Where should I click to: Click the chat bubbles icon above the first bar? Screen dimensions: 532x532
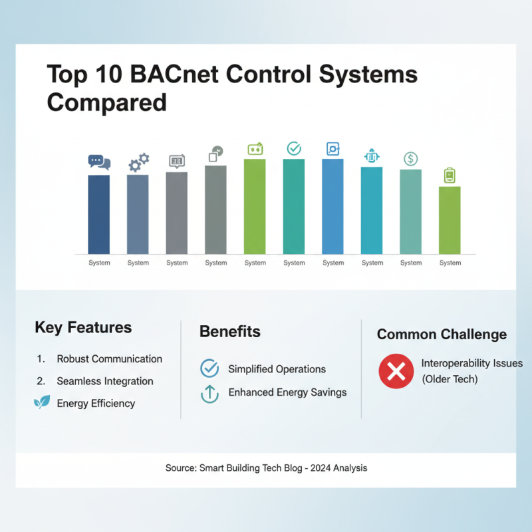click(99, 162)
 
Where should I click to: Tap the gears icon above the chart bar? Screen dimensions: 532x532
click(138, 162)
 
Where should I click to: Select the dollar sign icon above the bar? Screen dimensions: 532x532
click(411, 159)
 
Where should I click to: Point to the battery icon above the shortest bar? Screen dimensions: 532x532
click(450, 175)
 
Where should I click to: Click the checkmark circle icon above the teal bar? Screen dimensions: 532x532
click(294, 148)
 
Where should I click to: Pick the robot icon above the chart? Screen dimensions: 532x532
click(372, 156)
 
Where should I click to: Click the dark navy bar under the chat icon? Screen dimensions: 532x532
click(99, 214)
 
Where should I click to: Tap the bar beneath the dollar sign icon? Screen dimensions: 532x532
click(411, 211)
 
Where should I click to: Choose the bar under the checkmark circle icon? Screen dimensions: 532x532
click(294, 206)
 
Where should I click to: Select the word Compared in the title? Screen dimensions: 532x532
click(106, 103)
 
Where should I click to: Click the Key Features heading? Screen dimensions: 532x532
click(83, 327)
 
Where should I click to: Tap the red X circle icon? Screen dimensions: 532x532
click(396, 371)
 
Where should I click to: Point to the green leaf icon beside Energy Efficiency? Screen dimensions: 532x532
click(42, 402)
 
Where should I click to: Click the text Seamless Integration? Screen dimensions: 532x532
click(105, 381)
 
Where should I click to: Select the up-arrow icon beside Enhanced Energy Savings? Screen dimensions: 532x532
click(209, 393)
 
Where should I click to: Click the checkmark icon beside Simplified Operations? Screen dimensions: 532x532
click(209, 368)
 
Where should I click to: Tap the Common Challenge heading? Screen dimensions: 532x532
click(442, 334)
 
